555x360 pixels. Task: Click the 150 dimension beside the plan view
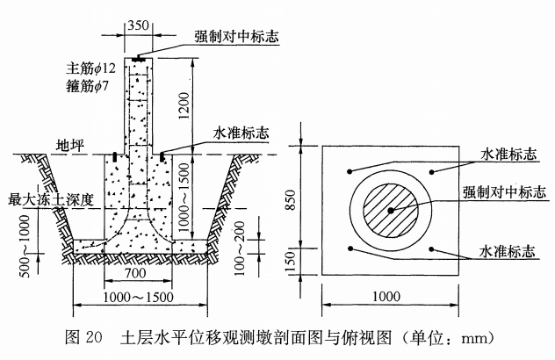coord(304,259)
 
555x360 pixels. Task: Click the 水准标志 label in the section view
coord(241,134)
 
